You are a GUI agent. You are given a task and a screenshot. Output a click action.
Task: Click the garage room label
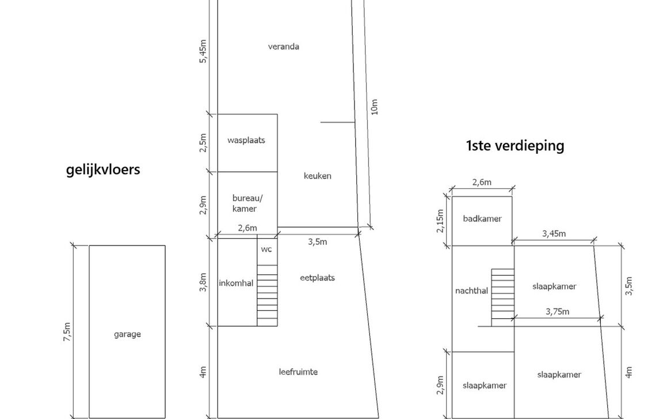point(127,334)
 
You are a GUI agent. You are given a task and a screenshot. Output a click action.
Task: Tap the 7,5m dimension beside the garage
point(67,332)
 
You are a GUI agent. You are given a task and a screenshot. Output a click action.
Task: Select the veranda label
point(283,47)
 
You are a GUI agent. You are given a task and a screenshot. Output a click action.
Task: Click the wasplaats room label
point(246,140)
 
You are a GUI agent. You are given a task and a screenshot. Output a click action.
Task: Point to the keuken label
point(318,176)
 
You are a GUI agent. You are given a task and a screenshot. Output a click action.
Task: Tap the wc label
point(266,249)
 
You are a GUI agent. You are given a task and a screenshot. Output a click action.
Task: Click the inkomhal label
point(236,283)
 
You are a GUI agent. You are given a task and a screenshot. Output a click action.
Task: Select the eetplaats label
point(317,278)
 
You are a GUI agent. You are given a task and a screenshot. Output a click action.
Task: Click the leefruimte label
point(298,372)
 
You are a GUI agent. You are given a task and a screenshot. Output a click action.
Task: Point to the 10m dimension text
point(375,107)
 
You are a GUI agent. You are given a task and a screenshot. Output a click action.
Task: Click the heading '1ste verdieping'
point(515,145)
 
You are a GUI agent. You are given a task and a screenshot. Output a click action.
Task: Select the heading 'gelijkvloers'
point(103,169)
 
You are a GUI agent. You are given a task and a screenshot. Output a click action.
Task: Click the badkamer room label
point(482,218)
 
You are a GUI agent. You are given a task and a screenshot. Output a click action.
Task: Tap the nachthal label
point(471,291)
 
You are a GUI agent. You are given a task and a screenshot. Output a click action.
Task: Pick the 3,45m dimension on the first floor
point(554,233)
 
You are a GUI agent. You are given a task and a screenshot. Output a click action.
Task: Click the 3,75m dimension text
point(557,312)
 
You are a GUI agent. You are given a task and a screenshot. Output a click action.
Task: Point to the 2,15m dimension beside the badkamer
point(440,221)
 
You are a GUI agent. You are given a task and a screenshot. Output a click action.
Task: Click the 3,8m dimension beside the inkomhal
point(203,282)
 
